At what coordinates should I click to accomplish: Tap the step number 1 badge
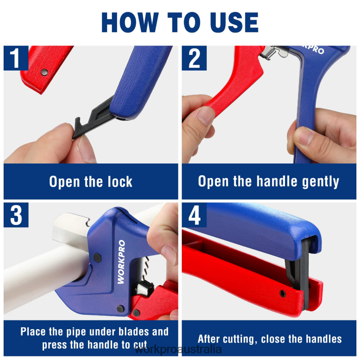(16, 58)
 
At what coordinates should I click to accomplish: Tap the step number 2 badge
(194, 58)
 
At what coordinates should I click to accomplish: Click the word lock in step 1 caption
(117, 182)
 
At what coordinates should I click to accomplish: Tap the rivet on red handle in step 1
(44, 72)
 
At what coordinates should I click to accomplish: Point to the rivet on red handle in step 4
(283, 293)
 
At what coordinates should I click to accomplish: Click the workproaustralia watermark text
(178, 349)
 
